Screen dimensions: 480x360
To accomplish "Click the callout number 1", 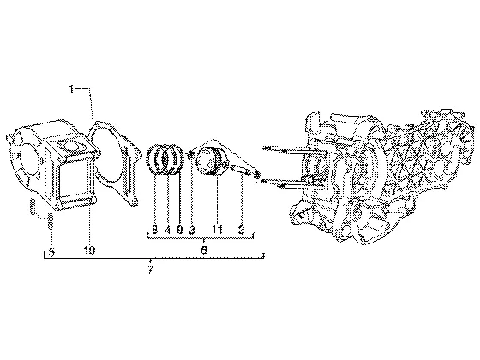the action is tap(71, 89).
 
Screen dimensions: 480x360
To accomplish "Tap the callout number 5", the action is tap(51, 253).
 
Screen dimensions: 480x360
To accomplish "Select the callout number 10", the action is tap(89, 250).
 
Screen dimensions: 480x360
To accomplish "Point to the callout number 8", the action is tap(155, 230).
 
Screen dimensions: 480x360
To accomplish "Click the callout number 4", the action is tap(167, 230).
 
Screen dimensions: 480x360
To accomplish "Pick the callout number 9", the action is tap(180, 230).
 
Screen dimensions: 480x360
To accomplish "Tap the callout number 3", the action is tap(192, 230).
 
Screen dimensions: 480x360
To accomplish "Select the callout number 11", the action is tap(217, 230).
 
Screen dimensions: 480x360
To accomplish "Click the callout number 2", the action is tap(242, 230).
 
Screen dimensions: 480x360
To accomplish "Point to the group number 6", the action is tap(204, 249).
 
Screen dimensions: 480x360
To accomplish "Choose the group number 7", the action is tap(150, 270).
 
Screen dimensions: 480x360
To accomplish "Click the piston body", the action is tap(210, 161).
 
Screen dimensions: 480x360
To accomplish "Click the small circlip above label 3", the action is tap(190, 155).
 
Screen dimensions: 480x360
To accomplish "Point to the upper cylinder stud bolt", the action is tap(293, 150).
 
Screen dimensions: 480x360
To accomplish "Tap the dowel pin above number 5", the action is tap(33, 206).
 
